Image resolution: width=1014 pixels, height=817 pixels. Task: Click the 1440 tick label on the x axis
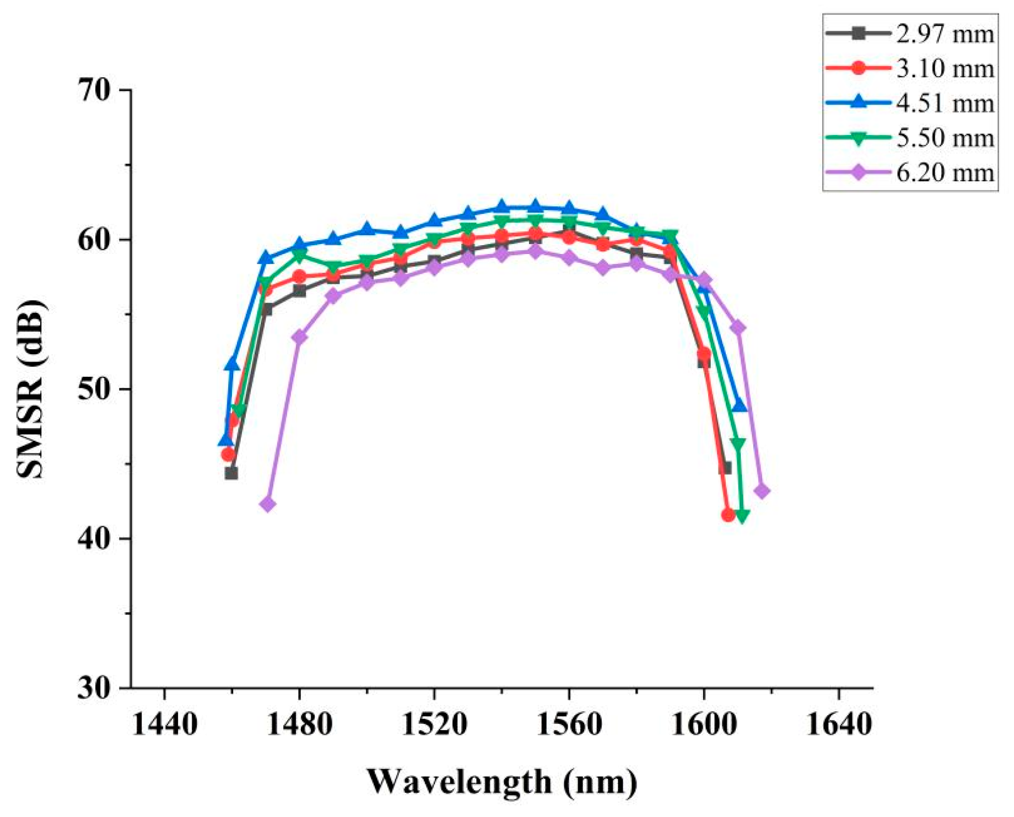point(164,724)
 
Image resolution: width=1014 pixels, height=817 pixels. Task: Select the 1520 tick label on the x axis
point(434,724)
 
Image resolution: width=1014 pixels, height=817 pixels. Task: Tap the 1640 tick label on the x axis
point(839,724)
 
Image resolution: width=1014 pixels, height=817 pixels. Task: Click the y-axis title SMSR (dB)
point(31,389)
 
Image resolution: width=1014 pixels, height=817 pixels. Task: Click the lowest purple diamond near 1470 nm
point(267,504)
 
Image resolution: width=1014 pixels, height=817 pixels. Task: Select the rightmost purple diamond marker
point(762,491)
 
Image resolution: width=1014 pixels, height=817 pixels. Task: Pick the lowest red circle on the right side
point(728,515)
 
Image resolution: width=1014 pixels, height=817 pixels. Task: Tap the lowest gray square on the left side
point(231,473)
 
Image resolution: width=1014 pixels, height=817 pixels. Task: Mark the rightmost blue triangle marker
point(739,405)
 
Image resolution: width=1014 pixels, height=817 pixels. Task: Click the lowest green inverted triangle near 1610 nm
point(742,516)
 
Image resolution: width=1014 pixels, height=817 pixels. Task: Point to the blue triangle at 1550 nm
point(535,207)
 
